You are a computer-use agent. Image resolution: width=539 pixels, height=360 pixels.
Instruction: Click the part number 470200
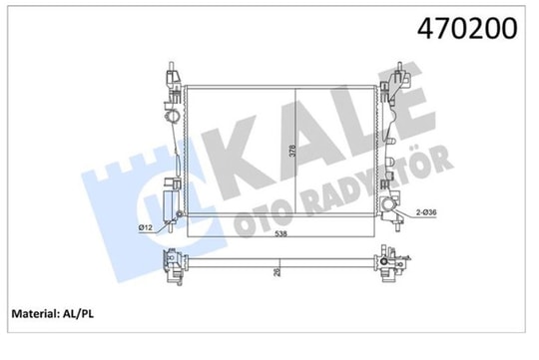[467, 28]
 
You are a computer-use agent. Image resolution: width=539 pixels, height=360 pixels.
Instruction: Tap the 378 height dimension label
[292, 151]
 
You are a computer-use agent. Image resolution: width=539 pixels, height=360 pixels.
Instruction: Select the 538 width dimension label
[280, 234]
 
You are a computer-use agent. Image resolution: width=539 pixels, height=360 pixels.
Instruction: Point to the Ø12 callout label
[145, 227]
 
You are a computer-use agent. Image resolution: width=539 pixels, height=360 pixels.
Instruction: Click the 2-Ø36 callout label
[426, 212]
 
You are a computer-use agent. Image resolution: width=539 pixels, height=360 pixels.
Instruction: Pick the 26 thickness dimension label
[276, 272]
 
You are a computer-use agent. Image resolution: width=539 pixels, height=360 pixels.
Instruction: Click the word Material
[35, 313]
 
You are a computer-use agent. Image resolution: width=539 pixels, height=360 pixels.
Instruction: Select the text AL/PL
[78, 313]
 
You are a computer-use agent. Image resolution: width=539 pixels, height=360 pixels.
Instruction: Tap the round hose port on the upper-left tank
[173, 116]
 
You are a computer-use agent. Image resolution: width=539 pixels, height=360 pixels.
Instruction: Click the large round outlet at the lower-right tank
[387, 204]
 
